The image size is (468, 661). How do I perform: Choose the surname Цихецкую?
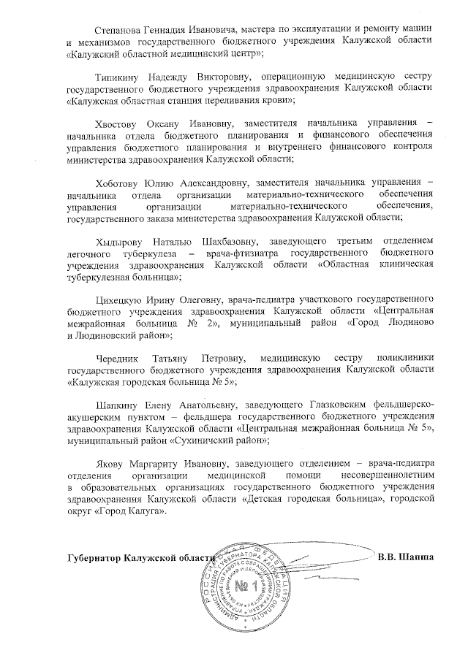click(121, 300)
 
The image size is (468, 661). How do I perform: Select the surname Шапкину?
click(118, 406)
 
